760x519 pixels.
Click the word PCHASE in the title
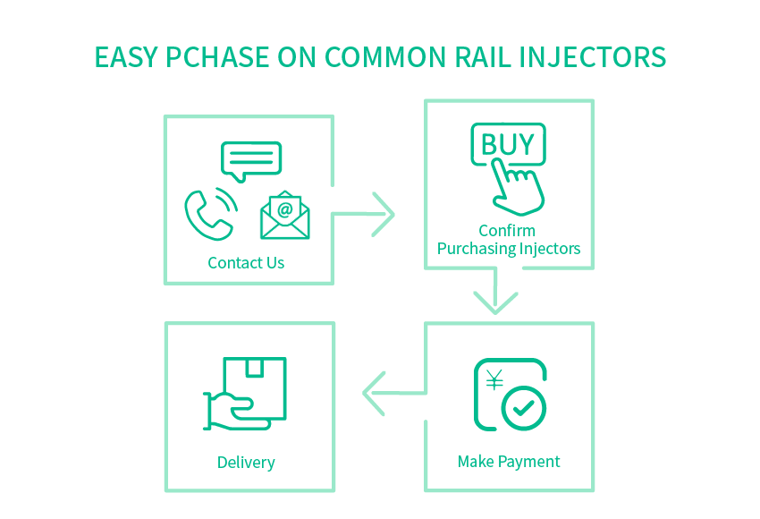217,57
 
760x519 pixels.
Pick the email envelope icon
285,215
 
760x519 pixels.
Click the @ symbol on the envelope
285,209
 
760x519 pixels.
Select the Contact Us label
246,263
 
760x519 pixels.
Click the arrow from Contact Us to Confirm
364,214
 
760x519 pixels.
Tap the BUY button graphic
508,144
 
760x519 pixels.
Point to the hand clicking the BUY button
518,188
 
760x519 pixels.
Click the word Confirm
507,230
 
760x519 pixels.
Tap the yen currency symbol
494,380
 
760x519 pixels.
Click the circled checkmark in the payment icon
523,408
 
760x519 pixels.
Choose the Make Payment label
509,462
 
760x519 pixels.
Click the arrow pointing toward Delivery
394,394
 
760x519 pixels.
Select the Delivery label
246,463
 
